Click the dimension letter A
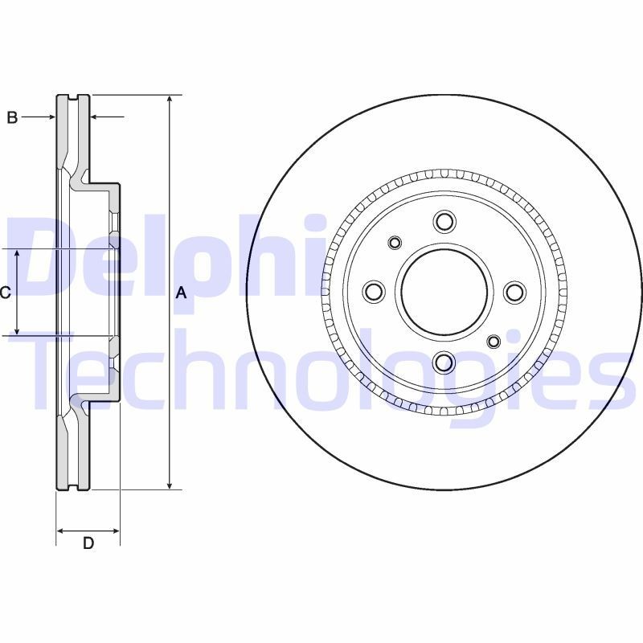tap(181, 293)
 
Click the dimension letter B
tap(12, 118)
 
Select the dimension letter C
tap(5, 293)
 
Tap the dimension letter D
tap(88, 543)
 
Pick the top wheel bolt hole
tap(444, 221)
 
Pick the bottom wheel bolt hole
tap(444, 363)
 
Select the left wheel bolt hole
tap(374, 292)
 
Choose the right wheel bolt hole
tap(515, 292)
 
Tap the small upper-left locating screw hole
tap(395, 242)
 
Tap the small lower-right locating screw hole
tap(494, 342)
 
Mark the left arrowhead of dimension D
tap(60, 530)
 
